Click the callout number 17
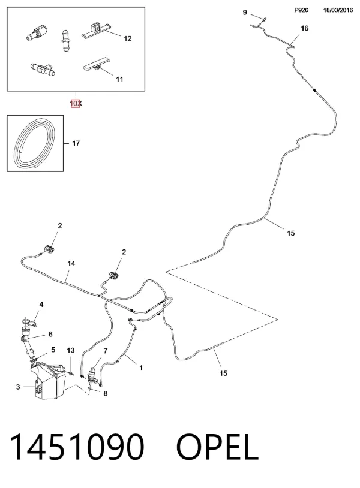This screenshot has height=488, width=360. click(76, 143)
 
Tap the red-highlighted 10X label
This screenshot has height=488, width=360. click(76, 103)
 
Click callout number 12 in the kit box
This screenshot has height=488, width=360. click(128, 38)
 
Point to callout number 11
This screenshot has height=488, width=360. click(119, 79)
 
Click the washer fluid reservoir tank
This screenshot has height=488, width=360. click(48, 380)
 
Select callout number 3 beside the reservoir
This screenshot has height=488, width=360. click(18, 387)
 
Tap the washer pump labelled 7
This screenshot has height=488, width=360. click(92, 375)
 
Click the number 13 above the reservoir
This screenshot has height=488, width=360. click(71, 351)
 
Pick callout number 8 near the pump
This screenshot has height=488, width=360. click(106, 394)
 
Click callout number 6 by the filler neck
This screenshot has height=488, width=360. click(50, 335)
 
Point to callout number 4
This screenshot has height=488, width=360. click(41, 305)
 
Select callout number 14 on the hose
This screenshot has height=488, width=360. click(71, 264)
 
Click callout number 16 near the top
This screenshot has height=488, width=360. click(305, 28)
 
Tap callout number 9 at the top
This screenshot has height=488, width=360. click(245, 12)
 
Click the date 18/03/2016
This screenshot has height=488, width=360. click(338, 10)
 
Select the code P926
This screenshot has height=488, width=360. click(301, 10)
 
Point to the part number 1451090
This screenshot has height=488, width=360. click(77, 447)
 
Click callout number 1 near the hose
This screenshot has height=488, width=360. click(141, 368)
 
